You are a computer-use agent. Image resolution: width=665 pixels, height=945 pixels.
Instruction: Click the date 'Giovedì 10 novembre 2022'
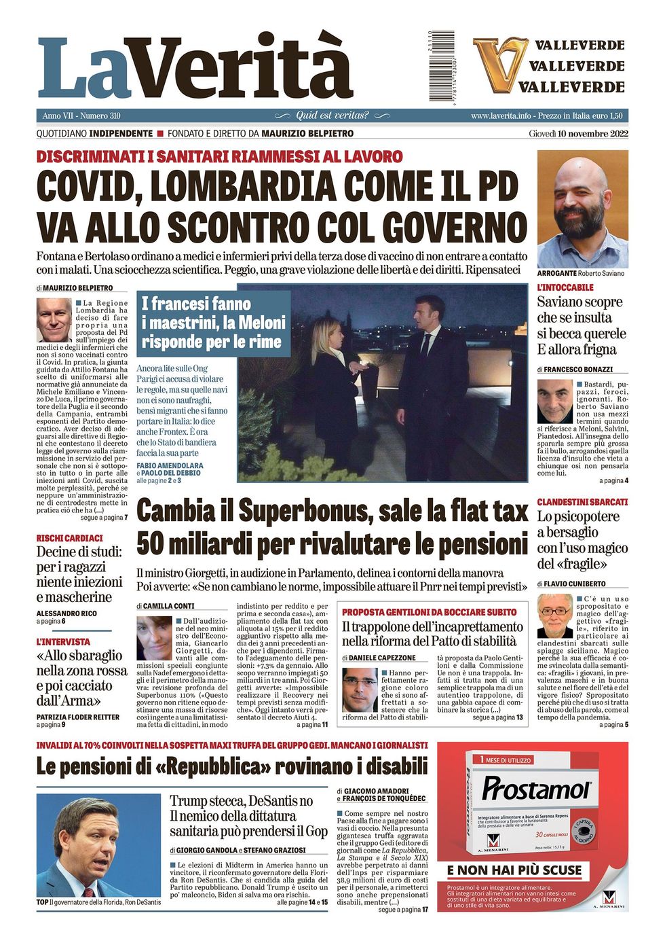tap(578, 134)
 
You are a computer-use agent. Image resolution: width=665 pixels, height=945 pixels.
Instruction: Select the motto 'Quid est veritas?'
tap(332, 115)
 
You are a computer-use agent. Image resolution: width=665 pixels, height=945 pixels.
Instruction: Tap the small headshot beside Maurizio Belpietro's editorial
tap(54, 319)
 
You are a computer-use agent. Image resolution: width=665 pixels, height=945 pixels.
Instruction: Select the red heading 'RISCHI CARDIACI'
tap(70, 538)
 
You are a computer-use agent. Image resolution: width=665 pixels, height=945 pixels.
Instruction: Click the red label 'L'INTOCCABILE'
tap(565, 288)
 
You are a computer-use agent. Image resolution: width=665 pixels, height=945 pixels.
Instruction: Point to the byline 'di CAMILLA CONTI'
tap(165, 605)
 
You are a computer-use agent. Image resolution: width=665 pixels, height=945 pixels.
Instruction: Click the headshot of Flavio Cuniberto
tap(554, 616)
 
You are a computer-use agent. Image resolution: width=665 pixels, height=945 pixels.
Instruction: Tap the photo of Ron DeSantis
tap(98, 845)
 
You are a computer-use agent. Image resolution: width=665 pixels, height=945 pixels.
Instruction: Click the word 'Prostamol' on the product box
tap(535, 789)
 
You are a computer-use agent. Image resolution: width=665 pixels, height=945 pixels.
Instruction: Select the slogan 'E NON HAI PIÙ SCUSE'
tap(514, 870)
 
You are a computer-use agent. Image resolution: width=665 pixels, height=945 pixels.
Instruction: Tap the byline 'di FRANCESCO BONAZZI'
tap(574, 370)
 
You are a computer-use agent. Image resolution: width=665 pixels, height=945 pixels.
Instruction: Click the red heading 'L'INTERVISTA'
tap(63, 641)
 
